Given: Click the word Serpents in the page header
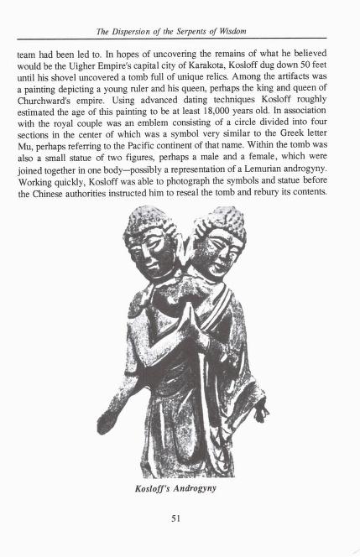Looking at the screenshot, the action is [x=212, y=32].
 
